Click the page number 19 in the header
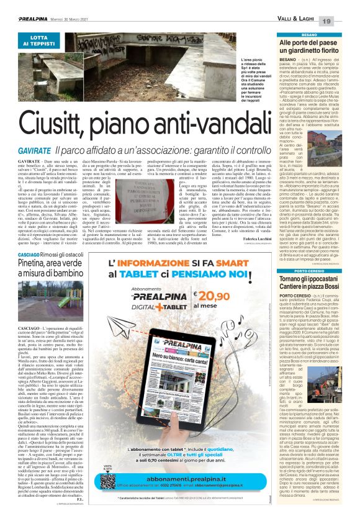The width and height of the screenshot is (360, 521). coord(343,21)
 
